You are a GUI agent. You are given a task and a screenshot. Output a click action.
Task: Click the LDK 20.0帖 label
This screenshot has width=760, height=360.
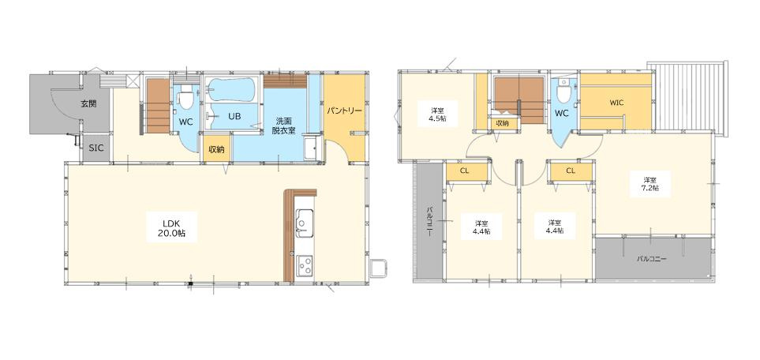coord(171,227)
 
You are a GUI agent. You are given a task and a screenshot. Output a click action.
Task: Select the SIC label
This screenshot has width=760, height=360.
coord(96,149)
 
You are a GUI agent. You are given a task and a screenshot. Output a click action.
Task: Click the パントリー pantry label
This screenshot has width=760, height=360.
coord(344,111)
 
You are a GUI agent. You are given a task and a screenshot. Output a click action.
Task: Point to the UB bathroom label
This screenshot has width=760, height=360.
coord(235,116)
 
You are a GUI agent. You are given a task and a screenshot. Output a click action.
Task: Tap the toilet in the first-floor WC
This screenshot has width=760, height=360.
coord(186,99)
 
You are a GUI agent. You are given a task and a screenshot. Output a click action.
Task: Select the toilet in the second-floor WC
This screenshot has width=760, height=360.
coord(564,92)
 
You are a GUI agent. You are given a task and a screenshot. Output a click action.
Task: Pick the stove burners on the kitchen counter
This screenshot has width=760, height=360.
coord(305,266)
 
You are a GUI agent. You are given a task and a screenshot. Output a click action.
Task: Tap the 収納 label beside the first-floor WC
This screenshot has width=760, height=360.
coord(217,149)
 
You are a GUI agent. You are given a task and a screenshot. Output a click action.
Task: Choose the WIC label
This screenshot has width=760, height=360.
coord(616,103)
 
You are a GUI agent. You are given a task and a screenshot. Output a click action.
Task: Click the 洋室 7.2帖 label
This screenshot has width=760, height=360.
coord(650,184)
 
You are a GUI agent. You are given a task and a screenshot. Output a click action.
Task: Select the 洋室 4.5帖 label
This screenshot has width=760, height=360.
coord(438,114)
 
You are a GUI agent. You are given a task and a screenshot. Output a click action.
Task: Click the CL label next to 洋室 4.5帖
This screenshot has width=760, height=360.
coord(465,171)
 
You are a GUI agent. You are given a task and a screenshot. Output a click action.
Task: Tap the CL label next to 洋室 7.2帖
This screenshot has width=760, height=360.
coord(571,171)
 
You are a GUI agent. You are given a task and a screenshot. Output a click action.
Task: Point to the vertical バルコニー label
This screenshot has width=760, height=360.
coord(429,222)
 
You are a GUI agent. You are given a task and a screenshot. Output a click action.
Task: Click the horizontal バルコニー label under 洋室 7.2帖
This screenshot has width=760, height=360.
coord(652,259)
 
